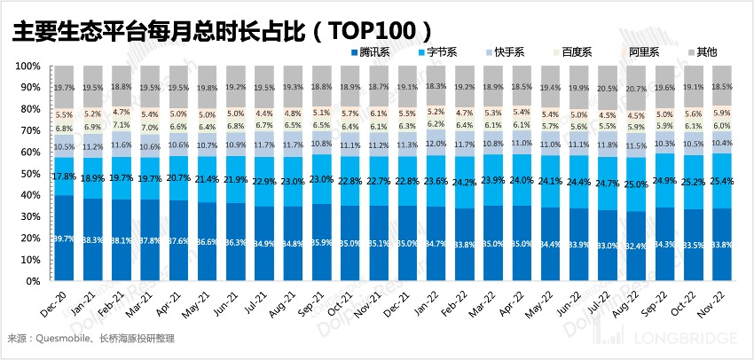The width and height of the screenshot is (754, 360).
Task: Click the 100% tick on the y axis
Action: [x=27, y=67]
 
